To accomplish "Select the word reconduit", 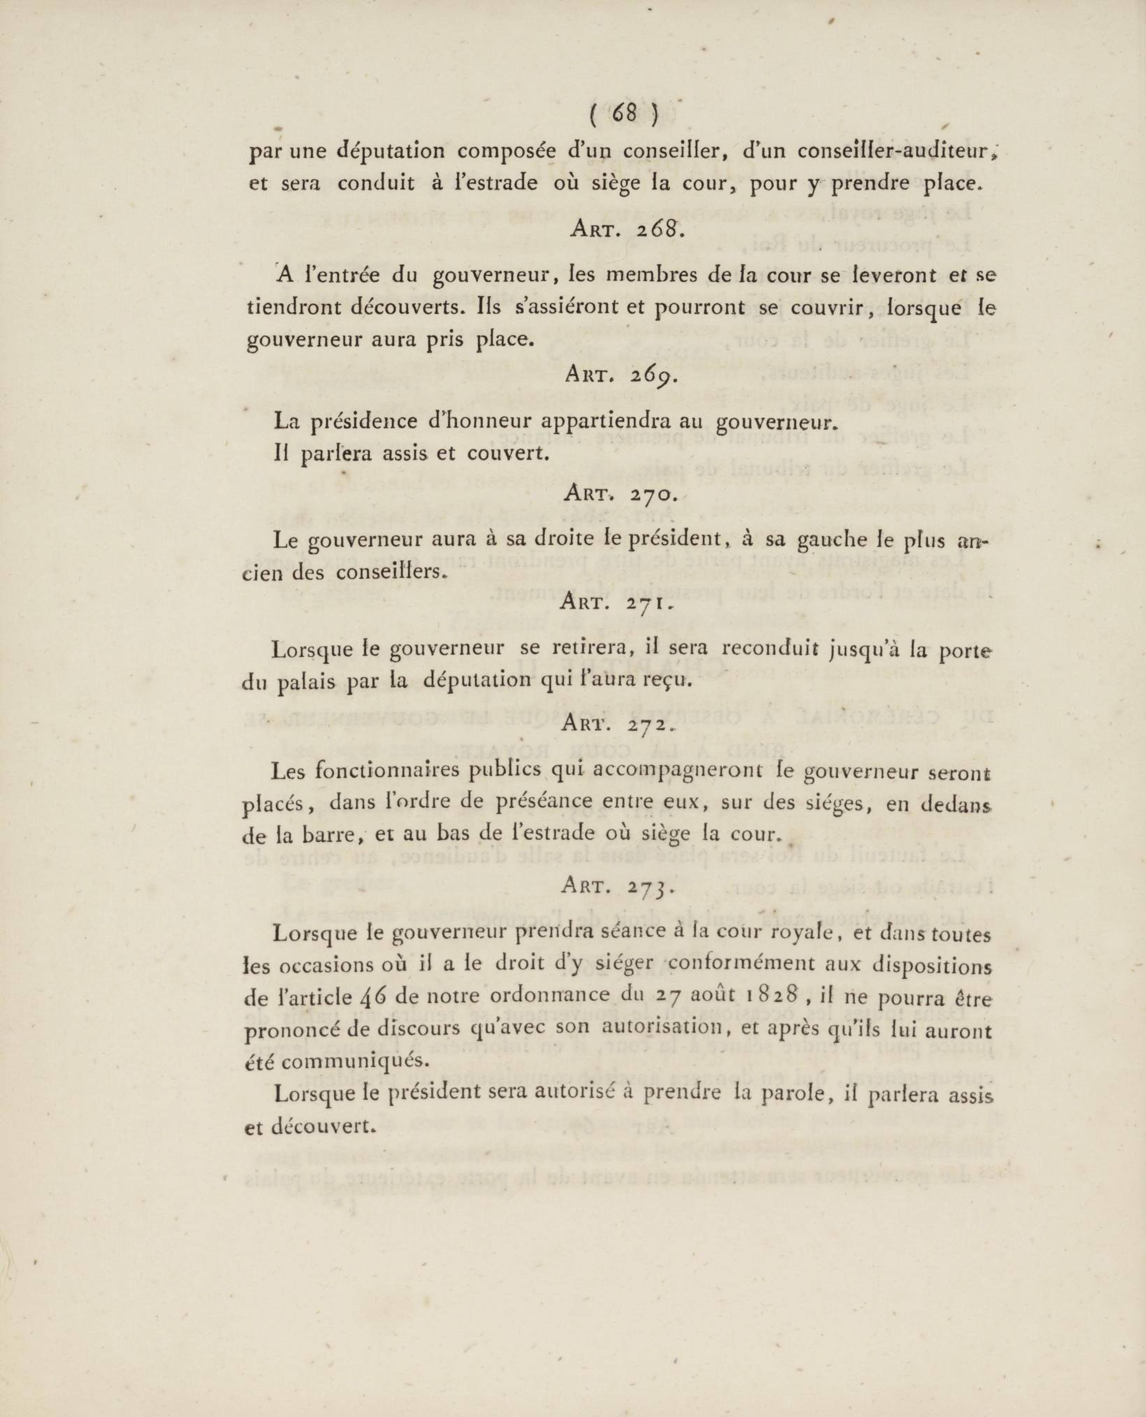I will (x=779, y=649).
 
